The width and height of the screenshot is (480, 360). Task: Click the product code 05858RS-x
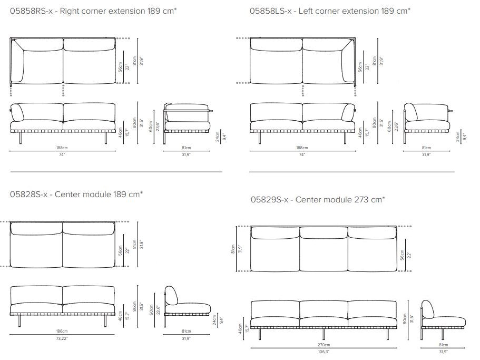coord(31,11)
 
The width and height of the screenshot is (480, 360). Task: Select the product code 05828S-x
coord(29,194)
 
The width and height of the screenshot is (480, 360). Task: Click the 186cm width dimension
coord(62,331)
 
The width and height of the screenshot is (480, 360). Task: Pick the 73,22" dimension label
coord(62,337)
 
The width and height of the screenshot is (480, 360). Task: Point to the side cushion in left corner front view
coord(348,113)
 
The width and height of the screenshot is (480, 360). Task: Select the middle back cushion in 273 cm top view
coord(323,233)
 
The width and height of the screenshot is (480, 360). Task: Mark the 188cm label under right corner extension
coord(62,148)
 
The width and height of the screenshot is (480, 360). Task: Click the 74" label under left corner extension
coord(302,154)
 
